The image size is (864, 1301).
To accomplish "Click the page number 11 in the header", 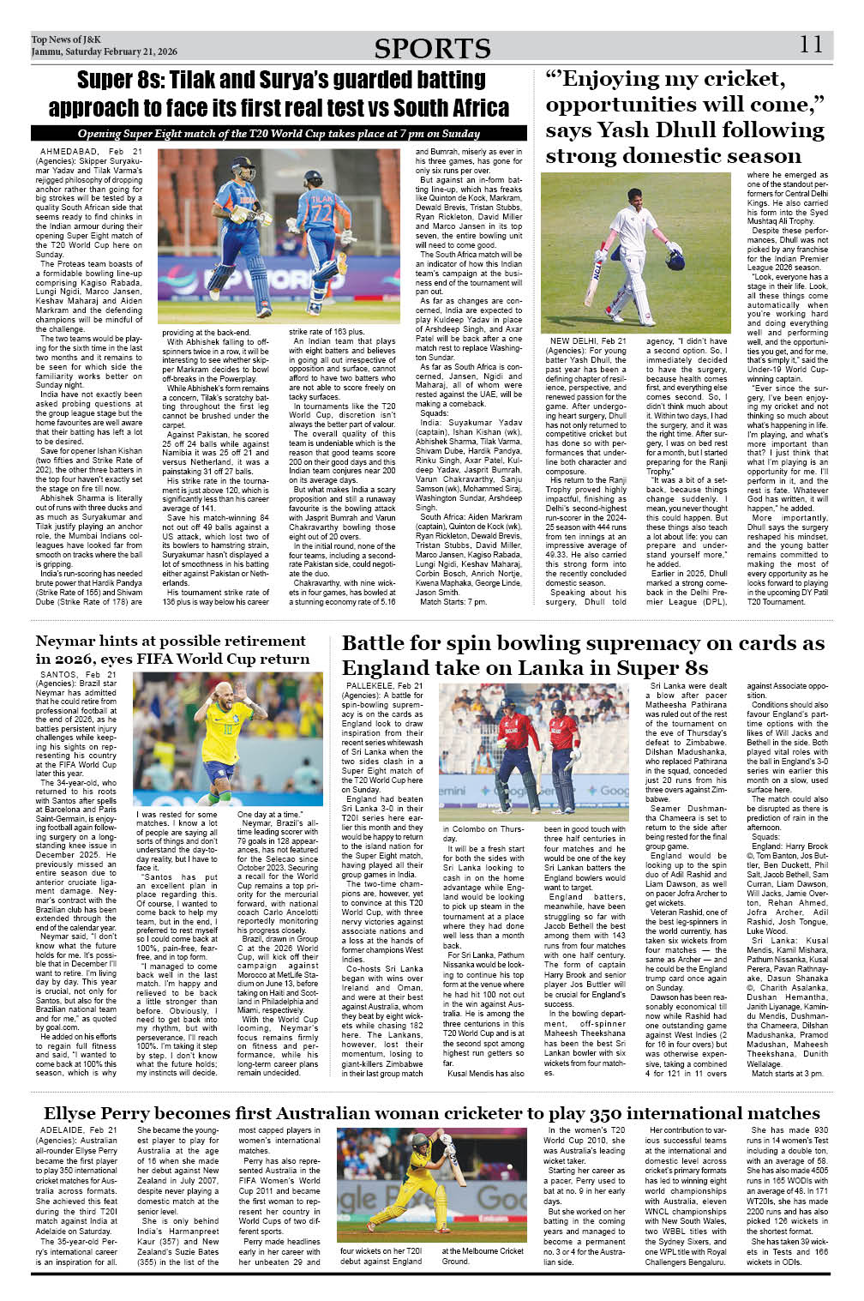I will click(x=811, y=45).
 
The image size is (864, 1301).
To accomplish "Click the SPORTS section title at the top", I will click(x=432, y=49).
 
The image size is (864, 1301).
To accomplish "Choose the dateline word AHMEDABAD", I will click(x=69, y=151).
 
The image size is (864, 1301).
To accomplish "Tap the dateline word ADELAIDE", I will click(x=63, y=1130).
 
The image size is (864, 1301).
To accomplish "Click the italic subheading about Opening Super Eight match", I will click(x=279, y=134).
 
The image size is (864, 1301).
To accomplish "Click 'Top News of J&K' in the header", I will click(x=66, y=39).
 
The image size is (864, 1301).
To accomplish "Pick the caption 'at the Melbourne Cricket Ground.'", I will click(x=483, y=1256).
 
